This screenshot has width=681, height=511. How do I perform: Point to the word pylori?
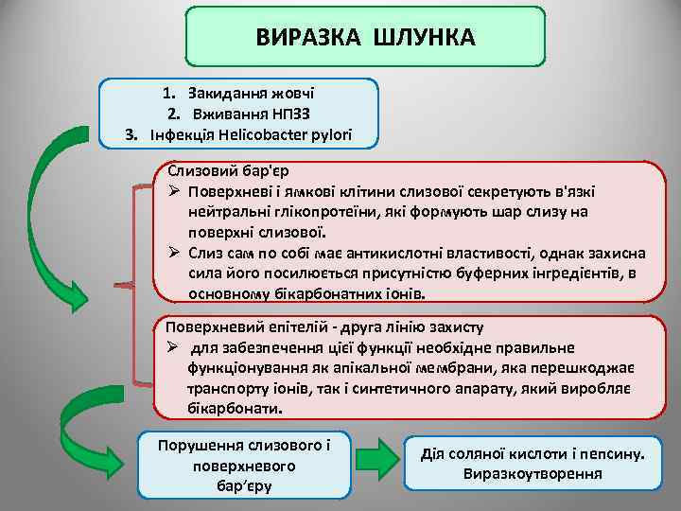tap(331, 134)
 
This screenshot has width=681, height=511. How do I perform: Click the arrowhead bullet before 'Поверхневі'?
tap(175, 193)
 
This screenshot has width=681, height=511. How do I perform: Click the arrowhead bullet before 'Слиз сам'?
tap(175, 255)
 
